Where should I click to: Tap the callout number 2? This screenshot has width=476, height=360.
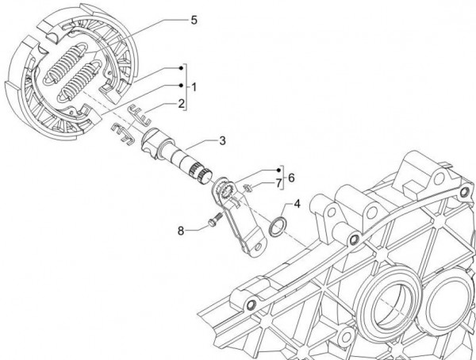pyautogui.click(x=182, y=103)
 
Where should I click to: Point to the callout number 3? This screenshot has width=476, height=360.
pyautogui.click(x=222, y=140)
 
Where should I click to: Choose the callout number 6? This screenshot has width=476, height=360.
pyautogui.click(x=290, y=178)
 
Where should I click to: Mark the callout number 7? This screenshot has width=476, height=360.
pyautogui.click(x=279, y=185)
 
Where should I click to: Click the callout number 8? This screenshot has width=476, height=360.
pyautogui.click(x=181, y=231)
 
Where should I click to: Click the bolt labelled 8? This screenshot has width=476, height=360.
pyautogui.click(x=212, y=224)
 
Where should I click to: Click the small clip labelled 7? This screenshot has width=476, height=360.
pyautogui.click(x=246, y=187)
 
